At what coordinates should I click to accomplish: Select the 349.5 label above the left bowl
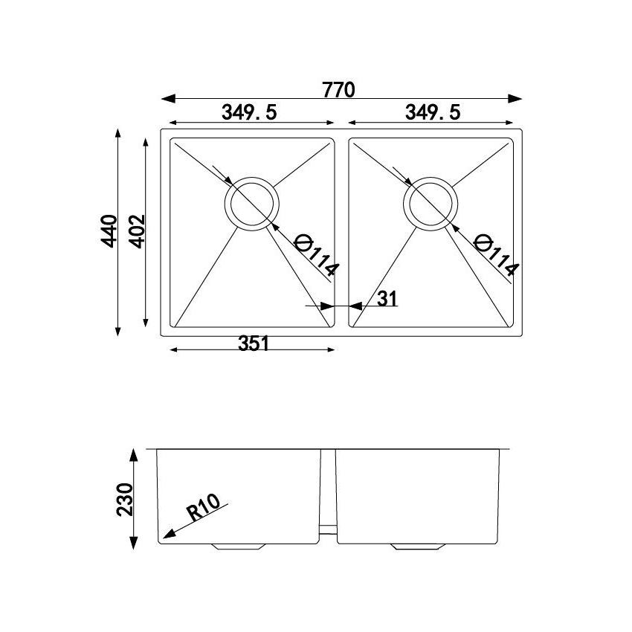(x=249, y=112)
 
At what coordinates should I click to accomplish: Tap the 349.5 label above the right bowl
(x=433, y=112)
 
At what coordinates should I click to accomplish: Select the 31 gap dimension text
(x=387, y=299)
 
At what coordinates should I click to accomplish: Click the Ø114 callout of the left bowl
(x=316, y=254)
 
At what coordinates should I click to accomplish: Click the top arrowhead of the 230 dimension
(x=134, y=453)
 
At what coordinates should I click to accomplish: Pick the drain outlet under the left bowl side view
(x=237, y=546)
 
